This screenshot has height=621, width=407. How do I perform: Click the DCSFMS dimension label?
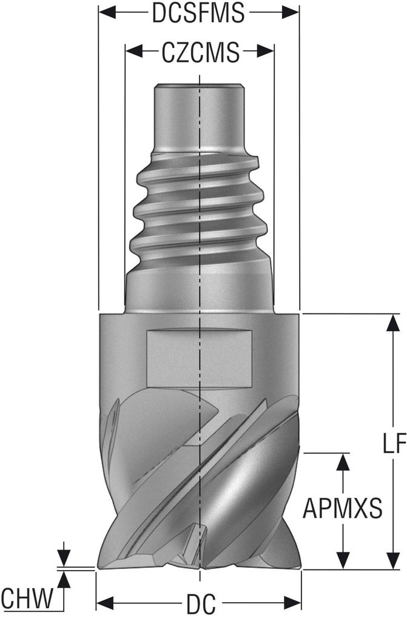click(x=198, y=13)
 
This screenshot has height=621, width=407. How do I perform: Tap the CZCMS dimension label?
click(x=201, y=52)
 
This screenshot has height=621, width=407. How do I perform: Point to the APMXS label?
click(x=343, y=508)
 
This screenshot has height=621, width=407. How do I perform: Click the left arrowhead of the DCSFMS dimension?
click(x=107, y=13)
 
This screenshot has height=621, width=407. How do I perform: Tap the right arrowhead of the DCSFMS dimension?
click(x=291, y=13)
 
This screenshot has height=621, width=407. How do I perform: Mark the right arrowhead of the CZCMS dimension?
click(x=266, y=52)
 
